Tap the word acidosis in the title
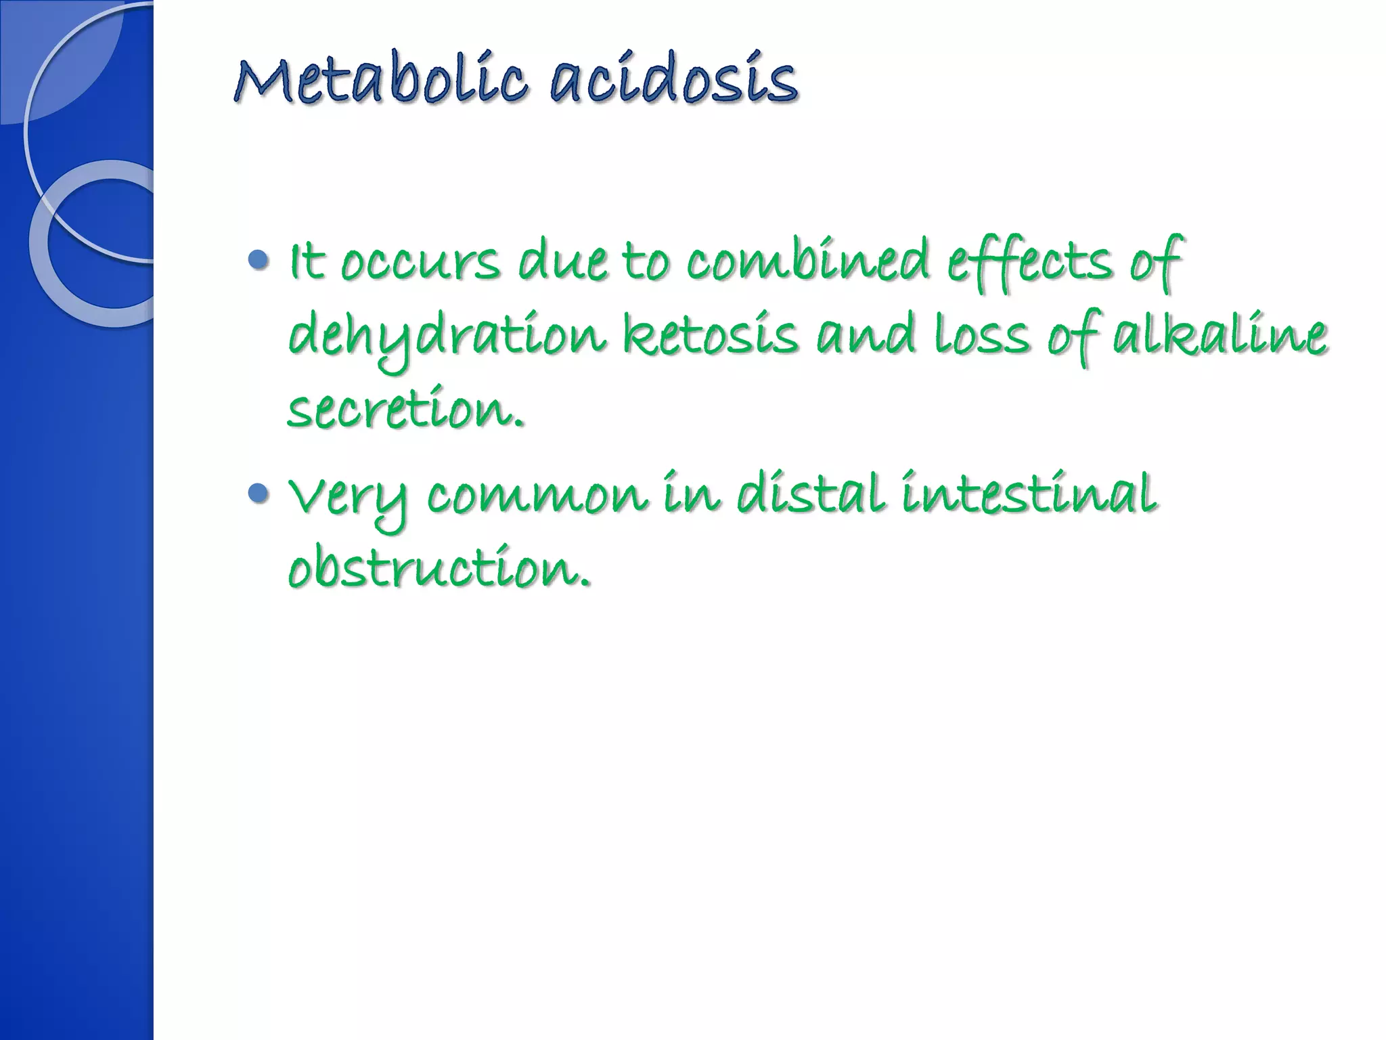[x=673, y=82]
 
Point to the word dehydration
[x=447, y=337]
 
